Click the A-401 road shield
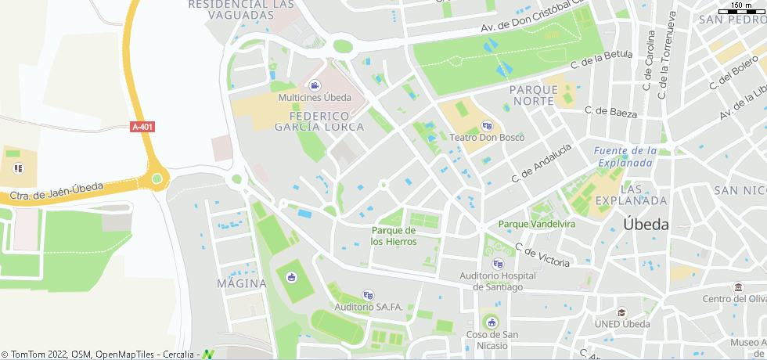[x=142, y=127]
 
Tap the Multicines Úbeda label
[x=315, y=98]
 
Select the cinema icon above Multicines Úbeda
[x=315, y=85]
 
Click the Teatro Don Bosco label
[x=487, y=138]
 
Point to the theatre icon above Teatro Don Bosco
[x=487, y=125]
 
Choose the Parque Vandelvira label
[x=537, y=224]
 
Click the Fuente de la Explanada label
[x=624, y=157]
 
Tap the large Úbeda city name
[x=646, y=224]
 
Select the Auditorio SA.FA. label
[x=368, y=307]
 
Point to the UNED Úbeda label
[x=623, y=325]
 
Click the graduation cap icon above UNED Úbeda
[x=622, y=312]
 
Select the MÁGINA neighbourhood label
[x=242, y=283]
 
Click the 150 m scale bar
[x=743, y=9]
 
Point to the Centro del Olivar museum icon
[x=737, y=287]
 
